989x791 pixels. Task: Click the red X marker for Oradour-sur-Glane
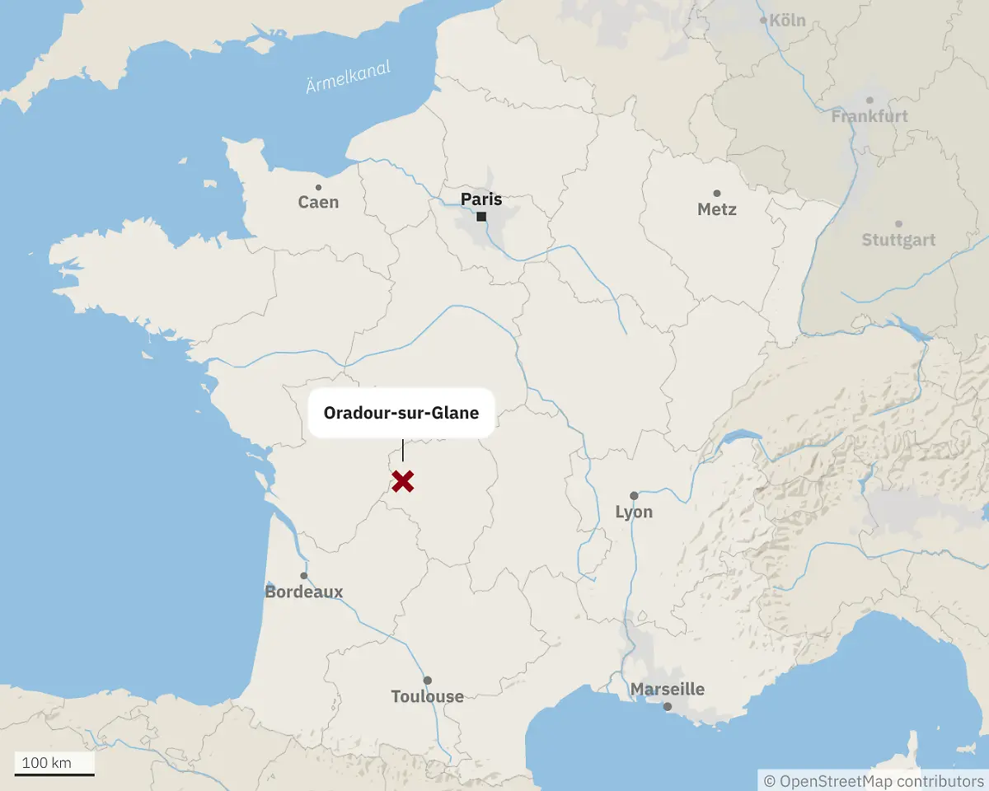[x=402, y=481]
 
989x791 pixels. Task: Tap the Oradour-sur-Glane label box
[x=401, y=413]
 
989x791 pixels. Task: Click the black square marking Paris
[x=481, y=217]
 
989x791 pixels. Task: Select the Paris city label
[x=481, y=199]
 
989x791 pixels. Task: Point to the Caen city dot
[x=319, y=188]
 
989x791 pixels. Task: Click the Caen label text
[x=318, y=203]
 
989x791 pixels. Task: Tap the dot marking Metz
[x=716, y=193]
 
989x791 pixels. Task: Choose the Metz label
[x=716, y=209]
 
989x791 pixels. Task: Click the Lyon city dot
[x=634, y=496]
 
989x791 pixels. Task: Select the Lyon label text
[x=634, y=513]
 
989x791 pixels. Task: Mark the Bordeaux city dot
[x=304, y=576]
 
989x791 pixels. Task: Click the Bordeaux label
[x=304, y=592]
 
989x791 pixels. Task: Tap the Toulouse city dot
[x=427, y=681]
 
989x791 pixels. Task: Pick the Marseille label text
[x=668, y=689]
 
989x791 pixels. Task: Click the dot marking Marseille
[x=668, y=706]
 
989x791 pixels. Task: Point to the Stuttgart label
[x=898, y=241]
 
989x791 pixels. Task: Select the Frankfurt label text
[x=869, y=117]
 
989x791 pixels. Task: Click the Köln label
[x=786, y=21]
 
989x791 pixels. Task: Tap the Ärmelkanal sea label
[x=348, y=77]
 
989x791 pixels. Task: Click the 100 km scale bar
[x=54, y=774]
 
